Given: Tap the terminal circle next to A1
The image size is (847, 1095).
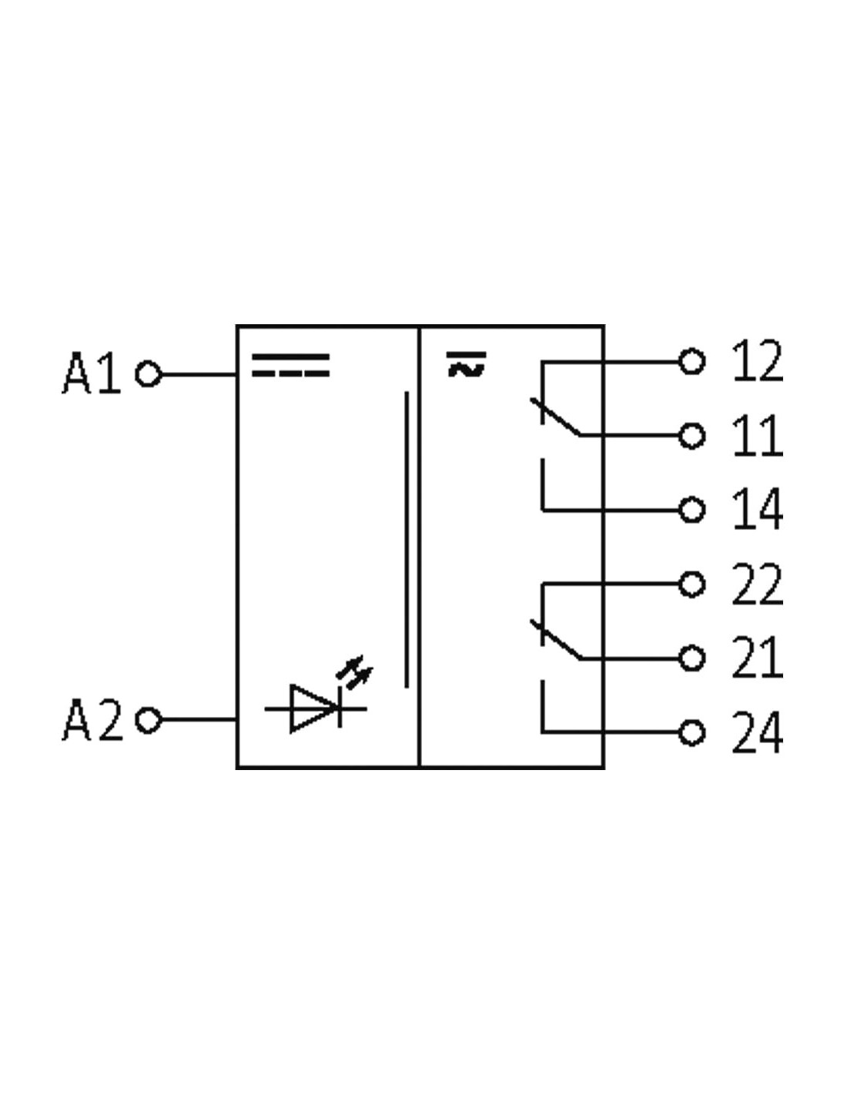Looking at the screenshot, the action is pyautogui.click(x=148, y=374).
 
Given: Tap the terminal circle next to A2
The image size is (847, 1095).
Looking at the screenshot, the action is pyautogui.click(x=148, y=720).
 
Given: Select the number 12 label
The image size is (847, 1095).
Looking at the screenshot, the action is pyautogui.click(x=758, y=360).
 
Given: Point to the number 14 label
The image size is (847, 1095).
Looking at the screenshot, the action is pyautogui.click(x=758, y=509).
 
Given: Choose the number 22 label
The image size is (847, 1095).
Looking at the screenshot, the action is pyautogui.click(x=758, y=584).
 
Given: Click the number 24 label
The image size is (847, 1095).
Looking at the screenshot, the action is pyautogui.click(x=758, y=732).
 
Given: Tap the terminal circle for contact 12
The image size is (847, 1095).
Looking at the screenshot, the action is pyautogui.click(x=691, y=361).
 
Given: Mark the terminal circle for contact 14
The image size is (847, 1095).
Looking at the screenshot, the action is pyautogui.click(x=691, y=510).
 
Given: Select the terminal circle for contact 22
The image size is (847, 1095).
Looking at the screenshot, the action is pyautogui.click(x=691, y=584).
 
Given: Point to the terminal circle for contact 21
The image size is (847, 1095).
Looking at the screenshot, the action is pyautogui.click(x=691, y=658).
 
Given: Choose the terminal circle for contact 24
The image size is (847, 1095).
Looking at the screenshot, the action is pyautogui.click(x=691, y=732).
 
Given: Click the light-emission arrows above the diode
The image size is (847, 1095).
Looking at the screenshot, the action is pyautogui.click(x=355, y=671).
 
